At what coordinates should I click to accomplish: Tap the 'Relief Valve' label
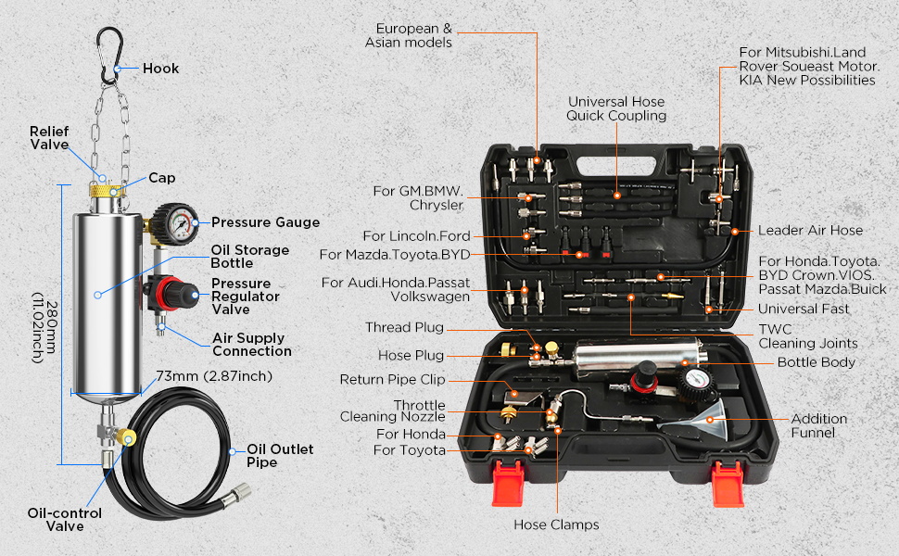[x=49, y=138]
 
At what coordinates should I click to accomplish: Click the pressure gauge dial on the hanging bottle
[x=178, y=222]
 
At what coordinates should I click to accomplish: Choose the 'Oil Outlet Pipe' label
[x=279, y=455]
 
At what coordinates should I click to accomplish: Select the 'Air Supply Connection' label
[x=251, y=345]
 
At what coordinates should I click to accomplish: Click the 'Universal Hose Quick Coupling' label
[x=616, y=108]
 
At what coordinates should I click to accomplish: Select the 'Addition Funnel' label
[x=813, y=425]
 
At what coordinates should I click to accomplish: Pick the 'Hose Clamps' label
[x=556, y=524]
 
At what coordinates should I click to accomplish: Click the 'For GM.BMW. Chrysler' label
[x=417, y=196]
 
